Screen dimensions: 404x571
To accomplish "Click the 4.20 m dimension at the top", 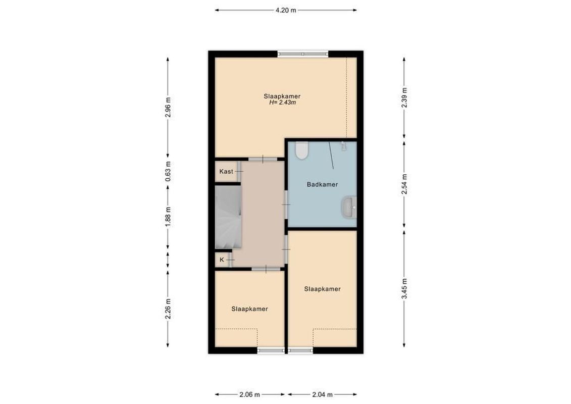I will [x=285, y=10].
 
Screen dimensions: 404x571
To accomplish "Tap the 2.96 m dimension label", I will [x=168, y=107].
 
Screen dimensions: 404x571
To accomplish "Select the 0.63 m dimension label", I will [x=168, y=171].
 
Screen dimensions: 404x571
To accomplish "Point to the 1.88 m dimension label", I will [x=168, y=217].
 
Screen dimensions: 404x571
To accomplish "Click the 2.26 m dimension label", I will [x=168, y=307].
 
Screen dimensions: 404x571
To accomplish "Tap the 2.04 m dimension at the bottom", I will [x=322, y=394].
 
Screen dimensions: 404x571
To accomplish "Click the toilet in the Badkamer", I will [x=302, y=150].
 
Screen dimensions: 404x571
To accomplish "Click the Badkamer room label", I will [x=322, y=184].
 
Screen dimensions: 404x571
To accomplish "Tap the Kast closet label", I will [x=226, y=172].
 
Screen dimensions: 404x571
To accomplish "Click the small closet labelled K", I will [x=222, y=260].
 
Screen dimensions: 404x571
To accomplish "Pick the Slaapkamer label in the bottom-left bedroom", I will [x=249, y=309].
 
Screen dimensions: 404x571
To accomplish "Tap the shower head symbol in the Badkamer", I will [x=343, y=145].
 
